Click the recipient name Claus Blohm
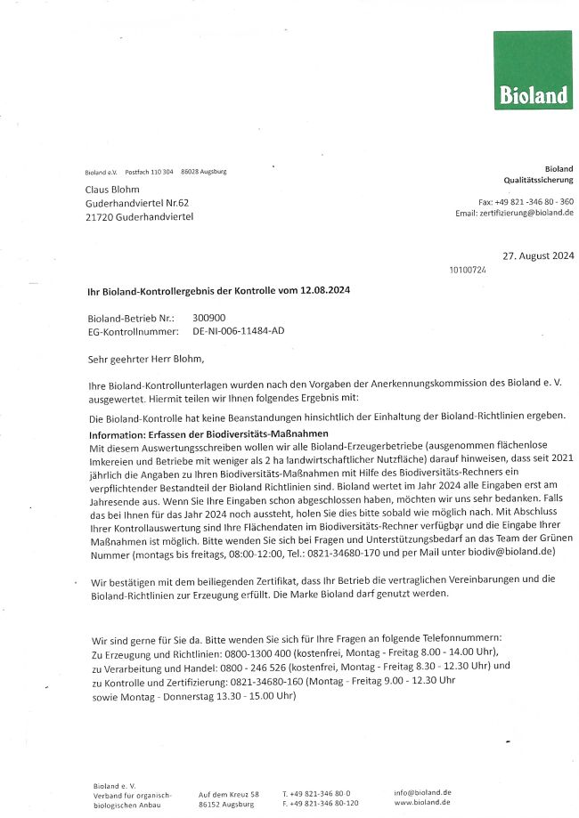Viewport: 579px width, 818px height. [112, 190]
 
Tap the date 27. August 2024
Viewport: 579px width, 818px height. [538, 255]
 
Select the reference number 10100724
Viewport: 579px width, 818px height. [469, 270]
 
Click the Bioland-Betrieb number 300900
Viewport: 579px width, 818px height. [208, 317]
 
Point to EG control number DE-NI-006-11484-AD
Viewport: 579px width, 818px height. [239, 330]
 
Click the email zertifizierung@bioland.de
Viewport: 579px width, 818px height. [526, 214]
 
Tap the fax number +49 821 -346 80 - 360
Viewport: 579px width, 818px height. [535, 202]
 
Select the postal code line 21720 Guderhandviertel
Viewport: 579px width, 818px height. [139, 216]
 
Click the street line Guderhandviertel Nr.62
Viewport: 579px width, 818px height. [137, 203]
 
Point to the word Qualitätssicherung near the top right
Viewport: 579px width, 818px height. [538, 180]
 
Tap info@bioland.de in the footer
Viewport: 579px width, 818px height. [422, 792]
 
